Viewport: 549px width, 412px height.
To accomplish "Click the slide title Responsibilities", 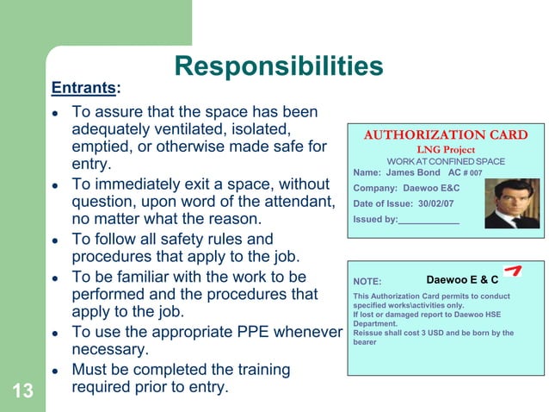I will click(278, 66).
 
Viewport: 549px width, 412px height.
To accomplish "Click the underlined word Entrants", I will click(83, 88).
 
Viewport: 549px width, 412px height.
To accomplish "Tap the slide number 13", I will click(22, 392).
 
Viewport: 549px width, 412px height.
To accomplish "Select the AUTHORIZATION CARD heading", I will click(445, 134).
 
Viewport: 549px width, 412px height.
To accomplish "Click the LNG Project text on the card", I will click(445, 150).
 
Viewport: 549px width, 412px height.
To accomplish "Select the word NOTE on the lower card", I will click(367, 280).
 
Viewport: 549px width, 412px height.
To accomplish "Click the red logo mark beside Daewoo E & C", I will click(513, 272).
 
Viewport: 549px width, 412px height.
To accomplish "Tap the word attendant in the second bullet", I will click(291, 202).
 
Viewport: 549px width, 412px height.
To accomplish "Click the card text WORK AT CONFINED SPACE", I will click(445, 162).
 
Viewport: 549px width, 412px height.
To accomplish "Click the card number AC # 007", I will click(466, 173).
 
